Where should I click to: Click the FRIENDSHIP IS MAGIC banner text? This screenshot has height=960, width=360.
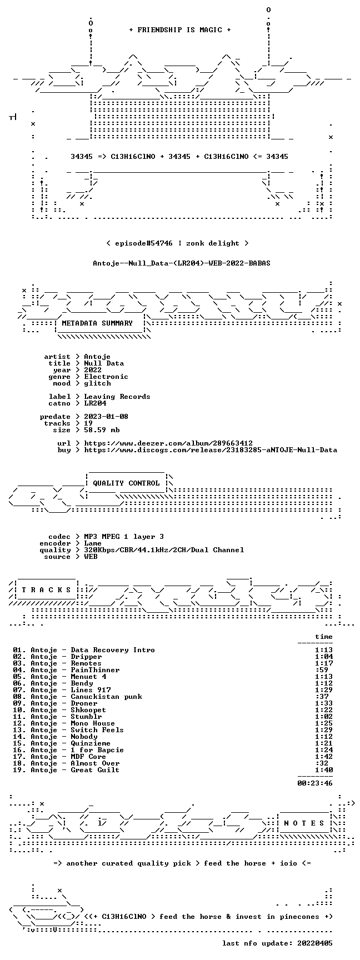pos(180,30)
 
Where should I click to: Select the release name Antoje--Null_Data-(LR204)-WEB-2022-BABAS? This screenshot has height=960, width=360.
pos(182,263)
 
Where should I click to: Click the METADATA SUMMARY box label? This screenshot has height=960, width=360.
pos(97,323)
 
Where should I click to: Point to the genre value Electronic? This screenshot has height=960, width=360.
pos(106,377)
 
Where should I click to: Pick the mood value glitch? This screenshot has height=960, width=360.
pos(97,383)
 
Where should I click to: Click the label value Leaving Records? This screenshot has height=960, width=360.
pos(117,397)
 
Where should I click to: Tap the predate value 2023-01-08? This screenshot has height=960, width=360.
pos(106,417)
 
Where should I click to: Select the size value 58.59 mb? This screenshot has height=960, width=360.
pos(102,430)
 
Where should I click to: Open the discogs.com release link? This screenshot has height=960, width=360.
pos(211,450)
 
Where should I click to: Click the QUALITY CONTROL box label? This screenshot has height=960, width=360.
pos(126,483)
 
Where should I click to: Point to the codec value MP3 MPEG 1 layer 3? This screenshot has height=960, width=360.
pos(124,537)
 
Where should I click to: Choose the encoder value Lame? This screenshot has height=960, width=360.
pos(93,543)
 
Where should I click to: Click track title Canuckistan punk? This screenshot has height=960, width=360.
pos(106,697)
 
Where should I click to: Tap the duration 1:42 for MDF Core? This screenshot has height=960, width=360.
pos(324,757)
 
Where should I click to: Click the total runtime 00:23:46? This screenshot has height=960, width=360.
pos(315,783)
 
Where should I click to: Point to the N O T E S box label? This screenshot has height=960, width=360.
pos(304,823)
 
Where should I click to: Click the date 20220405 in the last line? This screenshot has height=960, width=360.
pos(315,943)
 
